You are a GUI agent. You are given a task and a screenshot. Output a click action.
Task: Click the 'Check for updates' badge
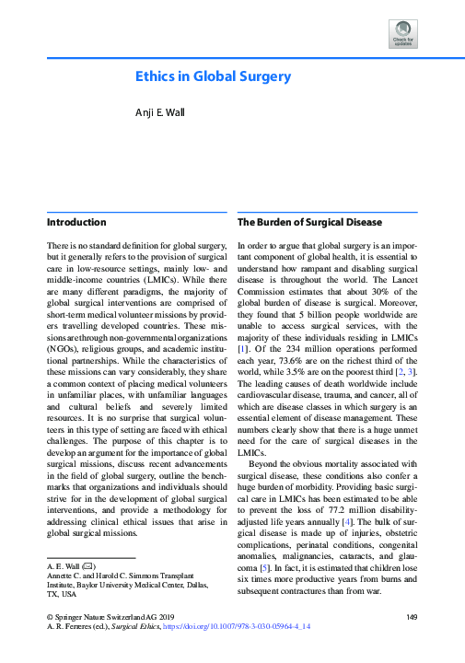(x=404, y=34)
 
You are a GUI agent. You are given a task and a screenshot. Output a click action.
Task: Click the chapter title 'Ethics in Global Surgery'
(x=214, y=76)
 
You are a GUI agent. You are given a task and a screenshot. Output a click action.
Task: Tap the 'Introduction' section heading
(x=76, y=222)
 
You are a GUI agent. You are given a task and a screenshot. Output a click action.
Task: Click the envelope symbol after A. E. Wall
(x=88, y=565)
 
